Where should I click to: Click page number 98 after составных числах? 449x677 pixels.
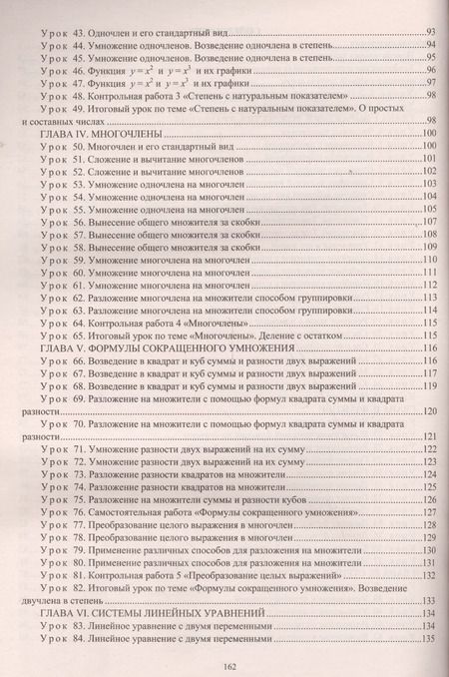pyautogui.click(x=431, y=120)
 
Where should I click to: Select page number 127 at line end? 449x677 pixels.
pyautogui.click(x=429, y=511)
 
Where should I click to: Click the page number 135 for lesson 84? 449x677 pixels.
pyautogui.click(x=429, y=639)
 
